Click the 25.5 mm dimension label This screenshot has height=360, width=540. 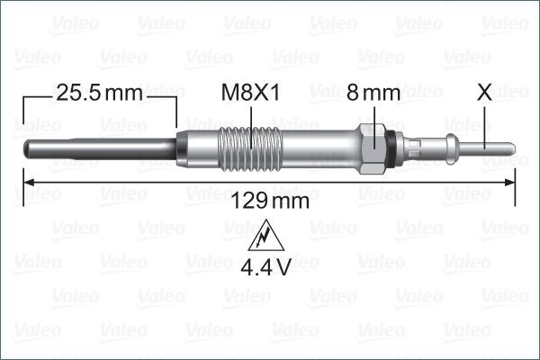[99, 92]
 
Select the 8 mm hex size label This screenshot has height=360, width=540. [373, 92]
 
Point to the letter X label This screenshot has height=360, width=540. [485, 92]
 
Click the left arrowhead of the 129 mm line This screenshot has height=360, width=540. [26, 183]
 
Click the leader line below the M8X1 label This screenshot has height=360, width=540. [254, 116]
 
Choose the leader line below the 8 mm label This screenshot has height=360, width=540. [373, 115]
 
